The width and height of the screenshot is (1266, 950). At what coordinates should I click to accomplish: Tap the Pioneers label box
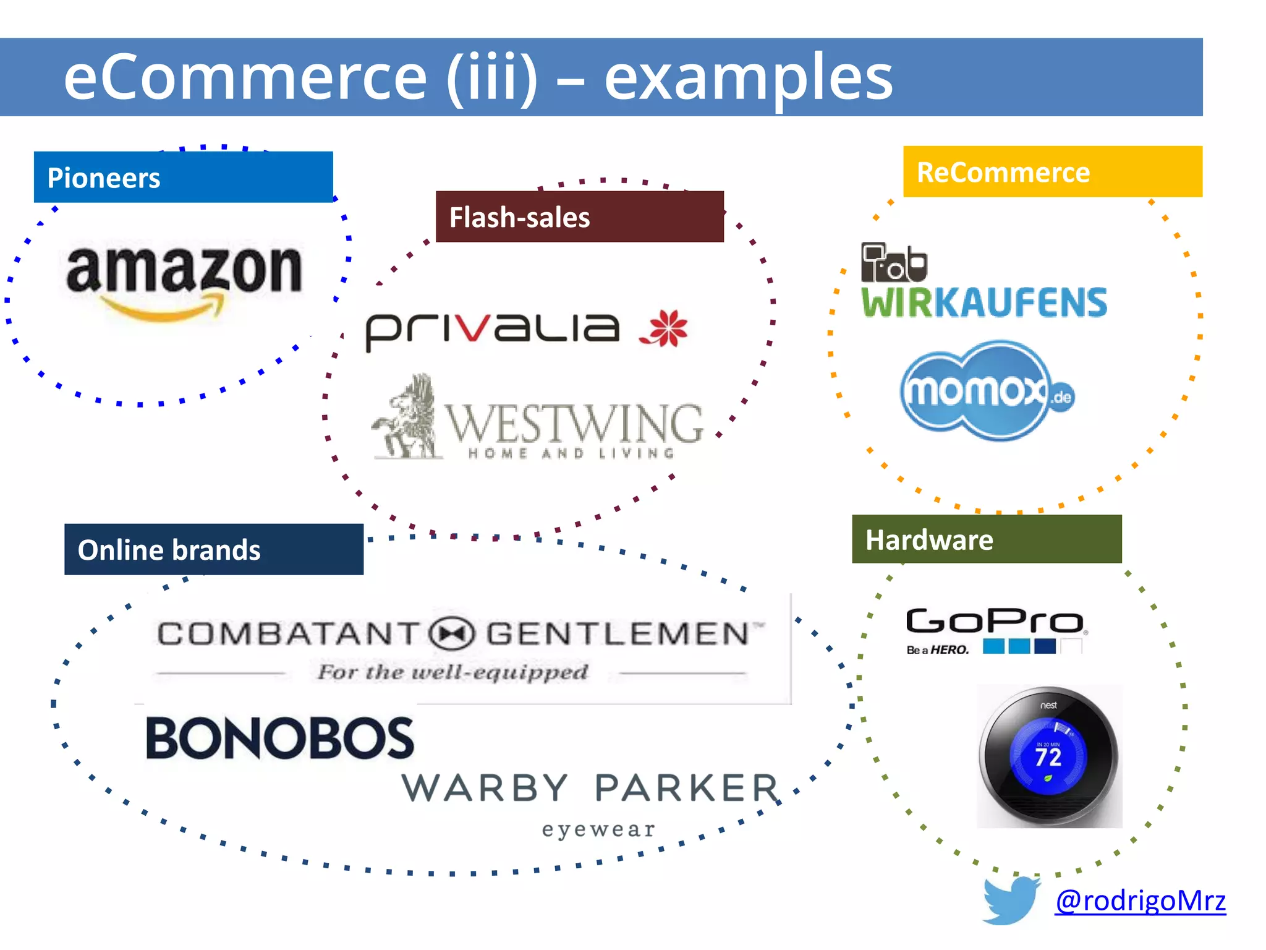click(x=183, y=178)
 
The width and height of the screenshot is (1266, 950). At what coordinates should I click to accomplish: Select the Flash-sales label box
click(x=579, y=216)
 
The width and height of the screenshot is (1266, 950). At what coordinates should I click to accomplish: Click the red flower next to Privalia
click(x=665, y=328)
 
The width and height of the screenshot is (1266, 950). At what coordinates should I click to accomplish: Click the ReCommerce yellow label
click(x=1052, y=172)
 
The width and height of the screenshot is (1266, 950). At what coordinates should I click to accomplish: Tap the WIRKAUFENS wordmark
click(x=984, y=303)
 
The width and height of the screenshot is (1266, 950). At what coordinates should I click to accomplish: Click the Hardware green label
click(x=986, y=539)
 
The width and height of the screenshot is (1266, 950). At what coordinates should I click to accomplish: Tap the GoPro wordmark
click(x=994, y=621)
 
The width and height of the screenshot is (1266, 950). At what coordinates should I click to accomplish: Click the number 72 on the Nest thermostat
click(x=1048, y=757)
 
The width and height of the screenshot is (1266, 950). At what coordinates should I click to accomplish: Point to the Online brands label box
click(x=214, y=549)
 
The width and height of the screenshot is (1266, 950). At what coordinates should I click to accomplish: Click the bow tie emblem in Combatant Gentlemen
click(x=452, y=634)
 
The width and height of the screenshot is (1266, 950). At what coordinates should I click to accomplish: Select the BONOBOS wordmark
click(x=279, y=738)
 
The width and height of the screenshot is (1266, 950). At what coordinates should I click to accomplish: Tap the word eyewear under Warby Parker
click(x=598, y=829)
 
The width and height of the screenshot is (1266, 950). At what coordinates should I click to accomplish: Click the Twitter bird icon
click(x=1011, y=900)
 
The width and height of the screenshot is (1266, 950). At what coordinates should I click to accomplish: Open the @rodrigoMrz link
click(x=1140, y=901)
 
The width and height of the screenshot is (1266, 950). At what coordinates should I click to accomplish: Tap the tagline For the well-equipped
click(x=452, y=672)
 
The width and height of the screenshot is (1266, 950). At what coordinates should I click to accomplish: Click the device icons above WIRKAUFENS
click(x=894, y=263)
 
